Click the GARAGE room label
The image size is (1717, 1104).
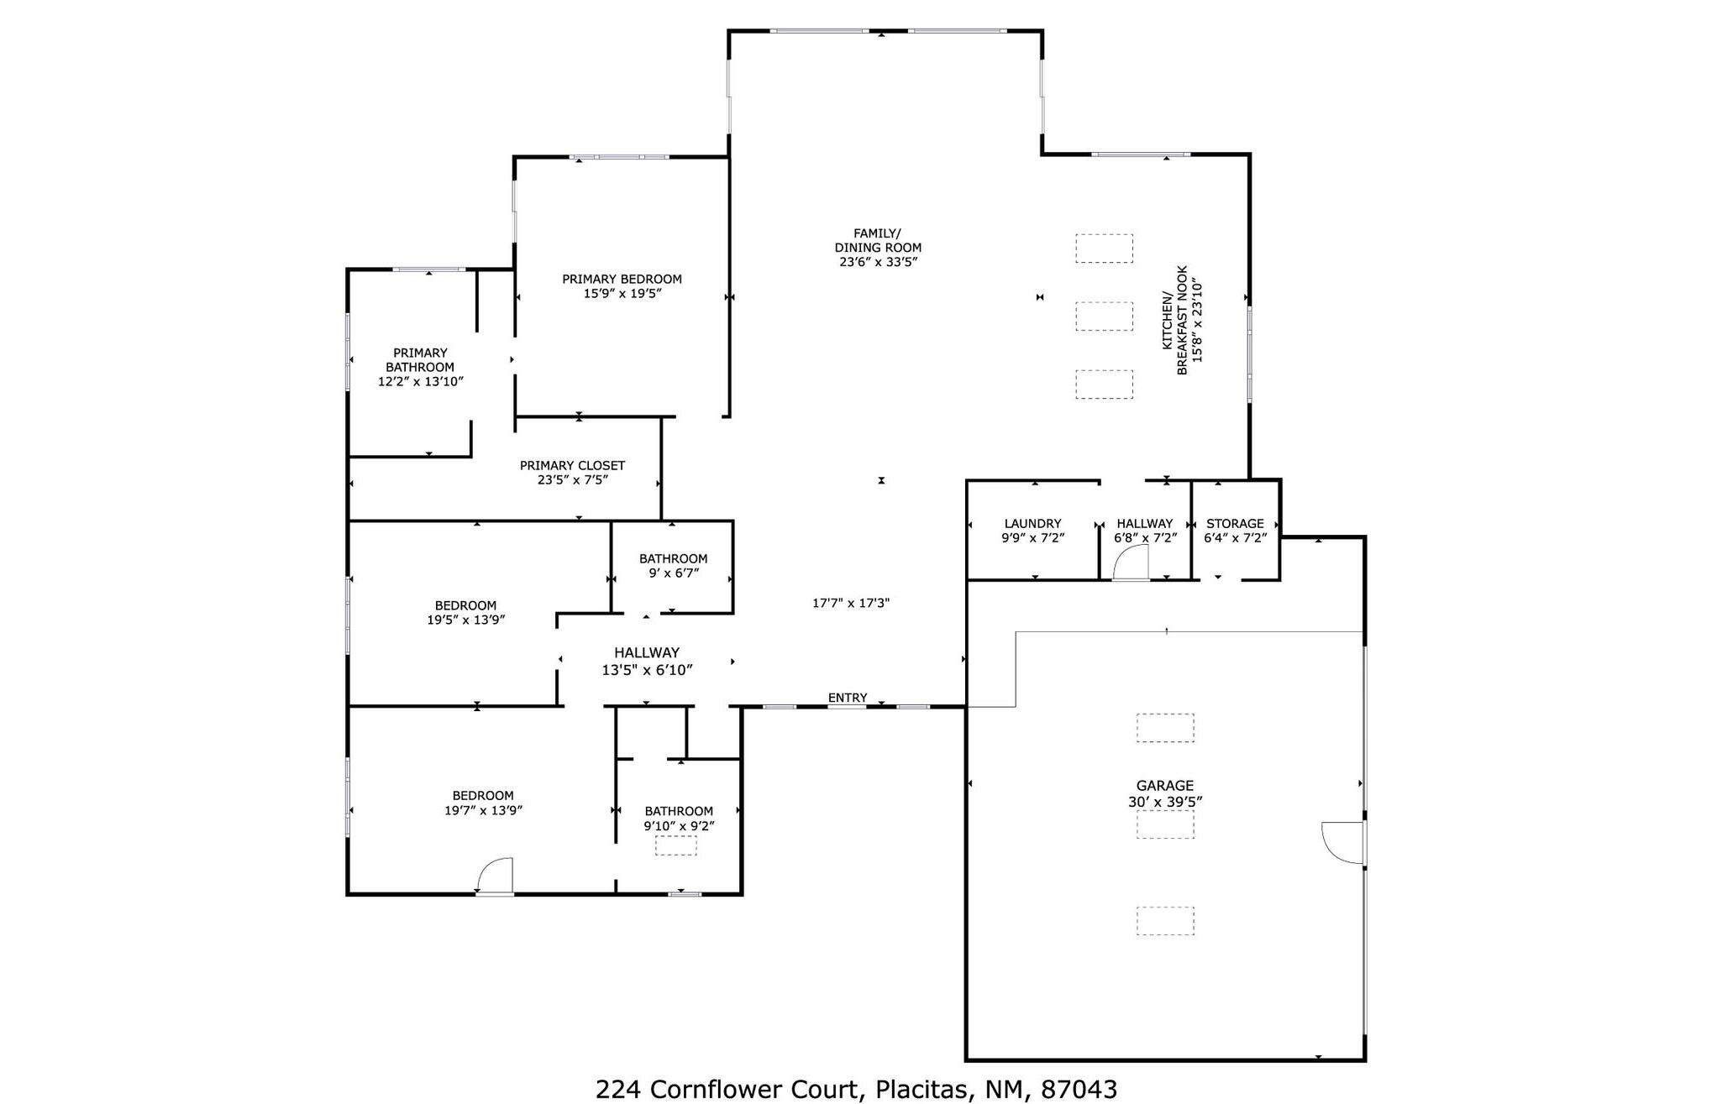point(1164,786)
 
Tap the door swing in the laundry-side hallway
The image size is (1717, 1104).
point(1132,563)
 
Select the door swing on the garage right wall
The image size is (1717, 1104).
point(1342,843)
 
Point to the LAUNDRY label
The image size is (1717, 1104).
point(1032,523)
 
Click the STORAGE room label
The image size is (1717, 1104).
point(1235,523)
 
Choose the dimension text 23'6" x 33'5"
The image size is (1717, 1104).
point(878,262)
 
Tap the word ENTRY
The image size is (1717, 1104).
point(847,698)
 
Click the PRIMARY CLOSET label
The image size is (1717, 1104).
point(572,465)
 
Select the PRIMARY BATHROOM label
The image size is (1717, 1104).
point(420,360)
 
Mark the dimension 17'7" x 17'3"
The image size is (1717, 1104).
point(851,603)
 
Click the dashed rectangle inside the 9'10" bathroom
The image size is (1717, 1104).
point(675,845)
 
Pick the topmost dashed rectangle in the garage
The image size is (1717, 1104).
point(1165,728)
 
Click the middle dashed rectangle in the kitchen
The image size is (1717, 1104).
point(1104,317)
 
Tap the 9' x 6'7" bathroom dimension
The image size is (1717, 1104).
point(674,573)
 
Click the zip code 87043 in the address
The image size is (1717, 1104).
point(1079,1090)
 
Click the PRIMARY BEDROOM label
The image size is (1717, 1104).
point(622,279)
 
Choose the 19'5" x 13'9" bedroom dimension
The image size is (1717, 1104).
point(465,620)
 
